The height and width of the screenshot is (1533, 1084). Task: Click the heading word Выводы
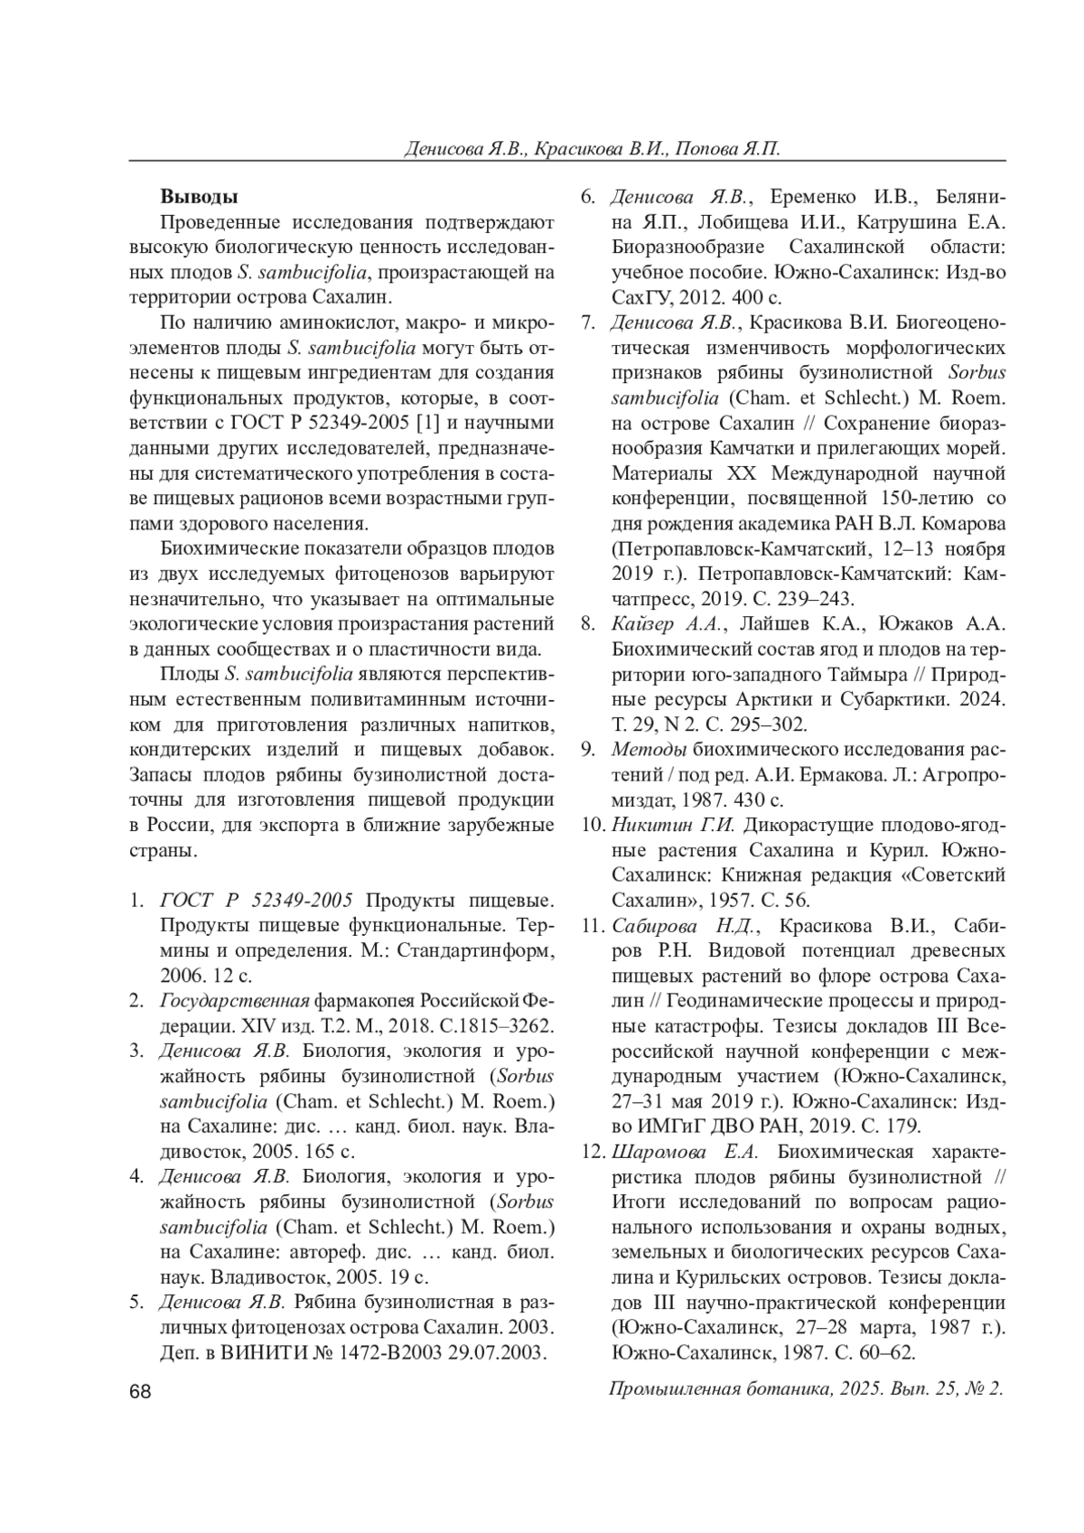[199, 196]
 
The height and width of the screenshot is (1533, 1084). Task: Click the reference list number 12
[592, 1151]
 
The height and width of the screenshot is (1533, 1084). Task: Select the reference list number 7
[586, 321]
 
